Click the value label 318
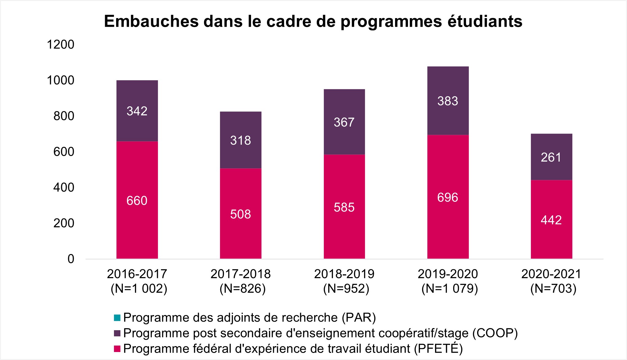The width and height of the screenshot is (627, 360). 241,140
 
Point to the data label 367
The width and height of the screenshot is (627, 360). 344,122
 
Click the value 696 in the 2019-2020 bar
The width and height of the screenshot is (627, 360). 448,197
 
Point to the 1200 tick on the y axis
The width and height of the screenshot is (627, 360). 61,45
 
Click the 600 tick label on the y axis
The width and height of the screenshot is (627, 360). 64,152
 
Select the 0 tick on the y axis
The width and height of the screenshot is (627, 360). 71,259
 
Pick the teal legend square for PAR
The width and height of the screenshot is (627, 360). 117,318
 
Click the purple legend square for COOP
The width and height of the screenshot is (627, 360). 117,333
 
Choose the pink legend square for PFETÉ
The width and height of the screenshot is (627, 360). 117,349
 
